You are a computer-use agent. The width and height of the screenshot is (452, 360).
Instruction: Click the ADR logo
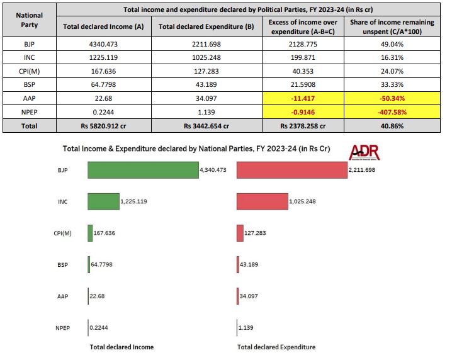pos(364,152)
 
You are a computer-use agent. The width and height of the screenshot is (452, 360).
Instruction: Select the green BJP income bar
pos(143,170)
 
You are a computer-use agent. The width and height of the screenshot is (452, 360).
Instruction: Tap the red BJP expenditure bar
pos(291,170)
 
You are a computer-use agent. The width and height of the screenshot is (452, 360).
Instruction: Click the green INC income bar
pos(103,201)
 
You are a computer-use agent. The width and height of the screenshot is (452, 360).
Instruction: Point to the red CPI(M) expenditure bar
pos(240,233)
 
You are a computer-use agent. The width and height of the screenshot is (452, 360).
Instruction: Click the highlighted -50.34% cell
pos(393,98)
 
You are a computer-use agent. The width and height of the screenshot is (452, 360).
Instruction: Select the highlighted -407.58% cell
pos(393,112)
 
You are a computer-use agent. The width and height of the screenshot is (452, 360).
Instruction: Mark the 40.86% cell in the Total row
pos(393,126)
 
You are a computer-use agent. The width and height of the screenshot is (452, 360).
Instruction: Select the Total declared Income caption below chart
pos(121,347)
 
